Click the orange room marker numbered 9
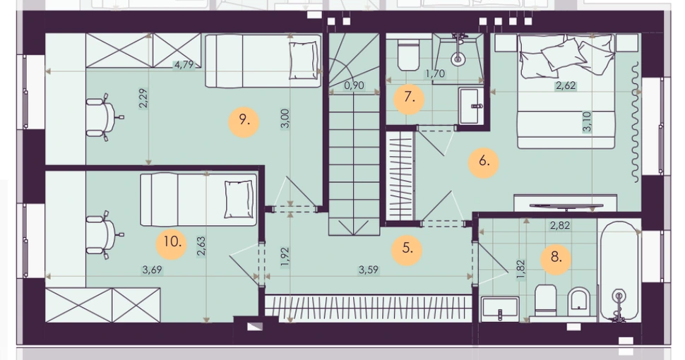[244, 122]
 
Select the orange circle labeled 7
[408, 99]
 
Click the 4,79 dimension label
[184, 65]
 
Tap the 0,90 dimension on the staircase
[354, 85]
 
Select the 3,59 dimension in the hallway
[368, 270]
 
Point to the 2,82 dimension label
[559, 225]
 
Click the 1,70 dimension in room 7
[435, 73]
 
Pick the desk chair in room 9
[103, 117]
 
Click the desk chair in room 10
[103, 234]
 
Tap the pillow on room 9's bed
[303, 60]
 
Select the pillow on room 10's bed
[239, 199]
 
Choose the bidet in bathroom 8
[579, 301]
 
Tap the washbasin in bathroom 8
[500, 308]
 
